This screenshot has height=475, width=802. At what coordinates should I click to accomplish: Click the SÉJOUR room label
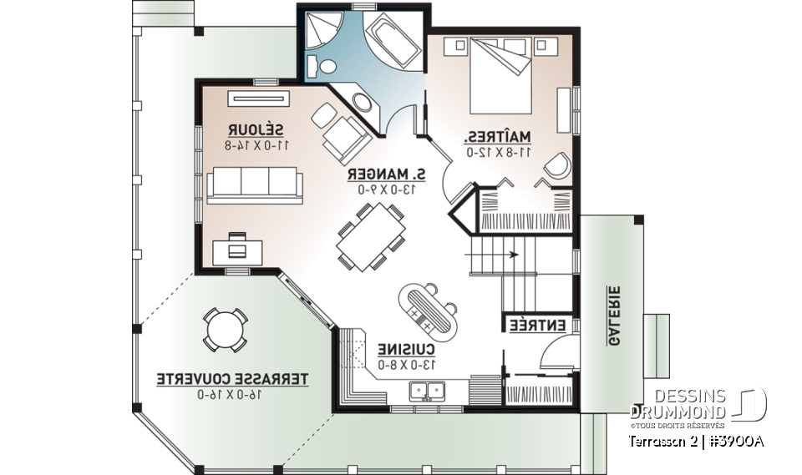(257, 130)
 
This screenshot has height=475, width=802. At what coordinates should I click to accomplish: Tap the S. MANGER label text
(387, 174)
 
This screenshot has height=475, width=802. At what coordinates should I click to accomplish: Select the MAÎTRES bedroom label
(499, 137)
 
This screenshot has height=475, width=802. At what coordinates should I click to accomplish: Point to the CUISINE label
(407, 348)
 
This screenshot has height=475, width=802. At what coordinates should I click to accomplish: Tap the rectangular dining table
(371, 236)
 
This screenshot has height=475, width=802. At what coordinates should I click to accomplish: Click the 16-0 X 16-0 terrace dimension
(233, 394)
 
